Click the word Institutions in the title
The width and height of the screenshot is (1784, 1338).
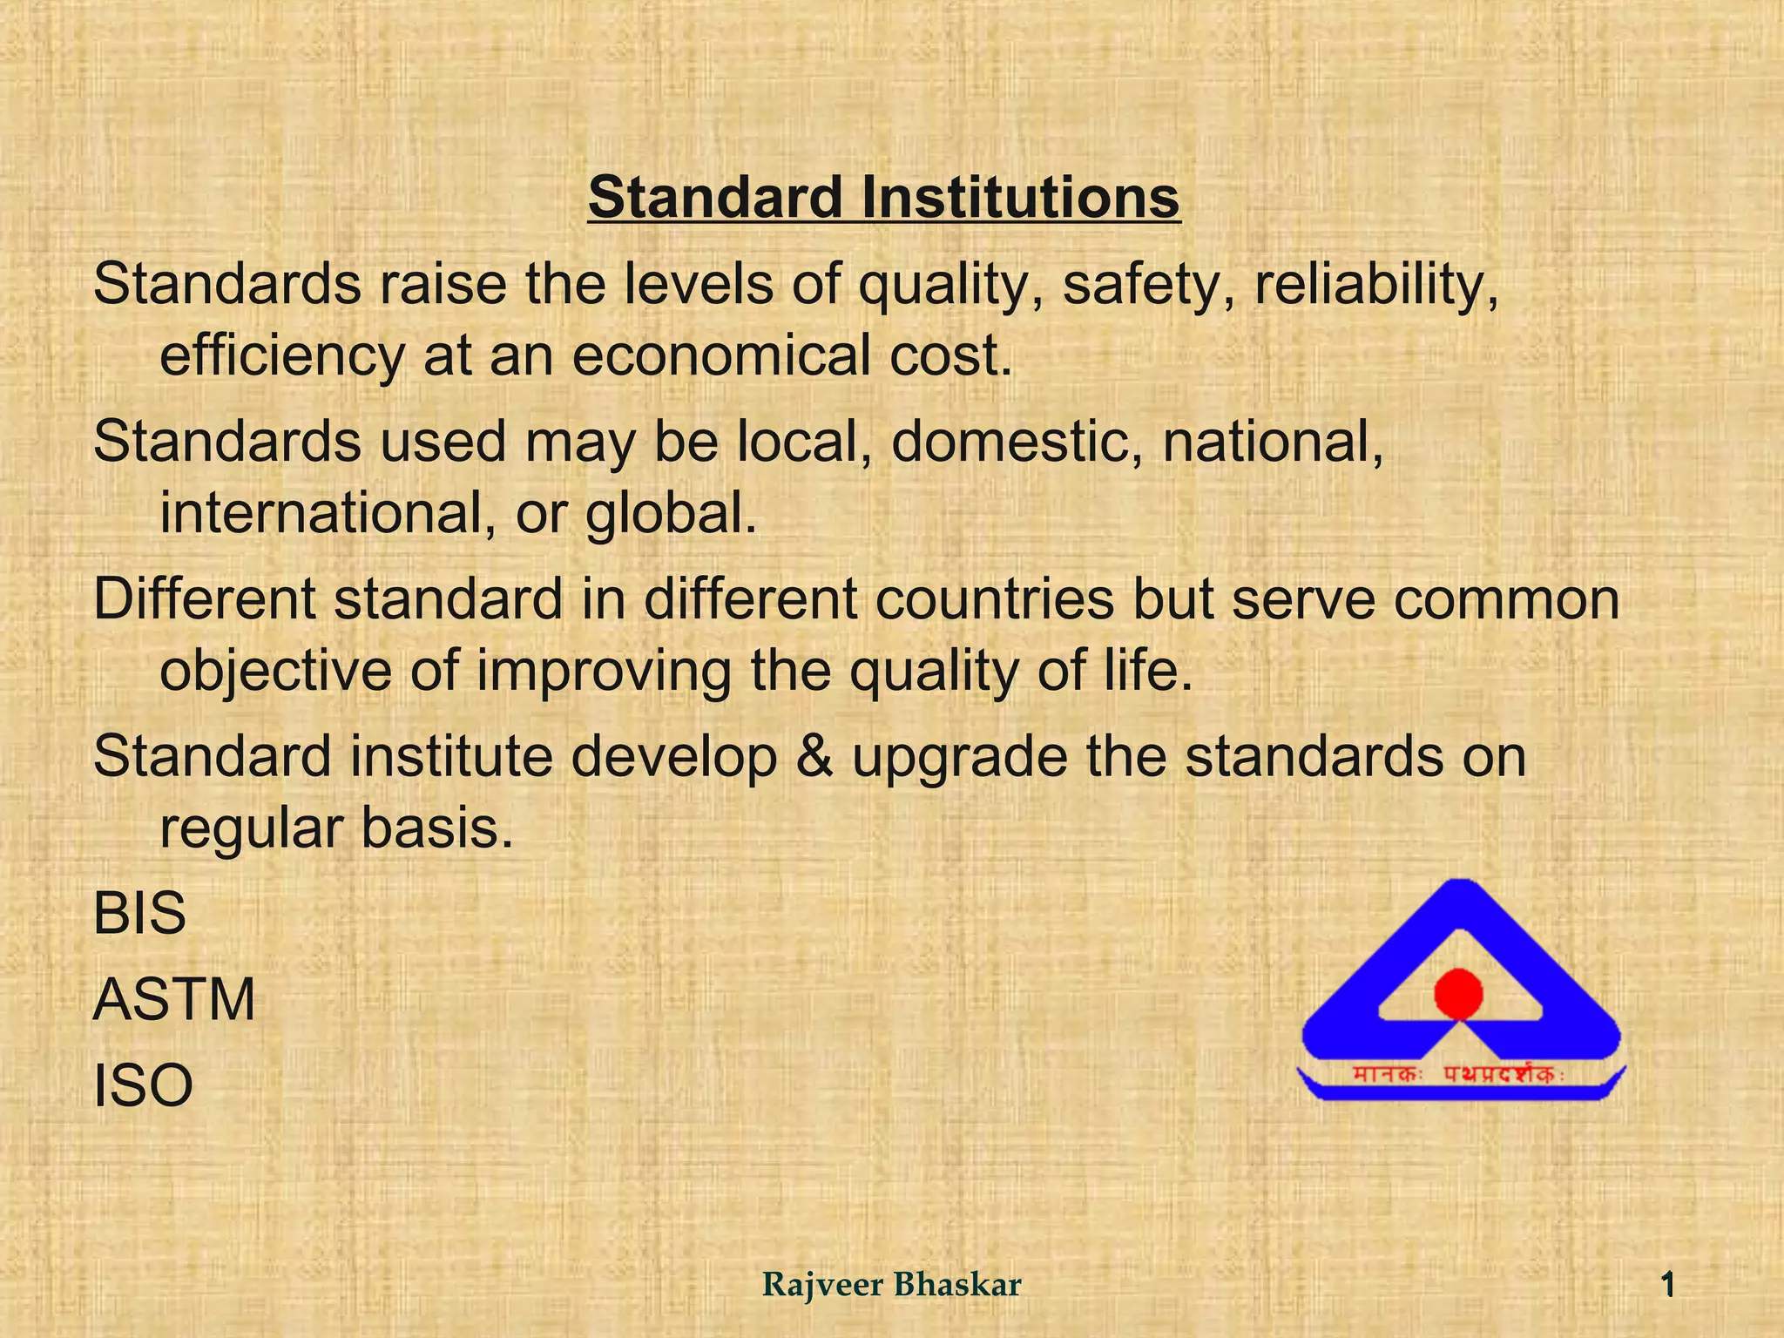[1020, 198]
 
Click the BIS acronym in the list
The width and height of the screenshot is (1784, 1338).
[139, 914]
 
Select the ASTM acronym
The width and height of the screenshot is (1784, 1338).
[174, 999]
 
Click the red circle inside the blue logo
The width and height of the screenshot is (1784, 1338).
[1458, 994]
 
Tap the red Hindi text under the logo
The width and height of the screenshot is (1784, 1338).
[1458, 1075]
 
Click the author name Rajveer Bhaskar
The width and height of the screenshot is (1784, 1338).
[891, 1285]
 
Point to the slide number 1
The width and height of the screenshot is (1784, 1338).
[1667, 1285]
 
